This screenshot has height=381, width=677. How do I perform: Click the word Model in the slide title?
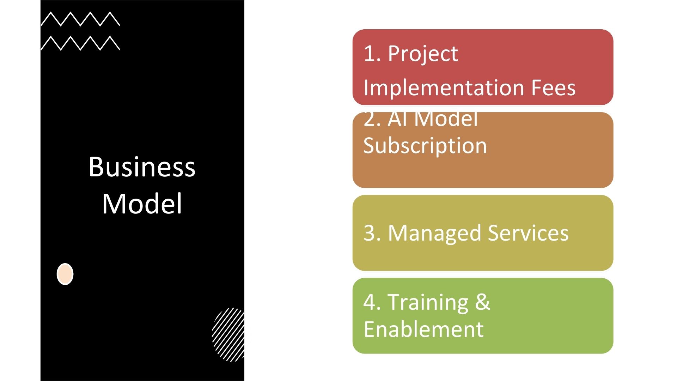[x=142, y=204]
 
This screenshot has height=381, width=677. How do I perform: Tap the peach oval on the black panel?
[x=65, y=274]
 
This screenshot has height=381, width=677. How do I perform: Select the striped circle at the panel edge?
[x=228, y=334]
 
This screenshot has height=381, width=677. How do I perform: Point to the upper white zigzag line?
[x=80, y=19]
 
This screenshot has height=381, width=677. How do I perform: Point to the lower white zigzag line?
[x=80, y=43]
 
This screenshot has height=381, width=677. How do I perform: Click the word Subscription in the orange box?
[x=425, y=146]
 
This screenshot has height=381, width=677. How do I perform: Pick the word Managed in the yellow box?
[x=435, y=234]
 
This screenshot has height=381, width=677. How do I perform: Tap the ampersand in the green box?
[x=482, y=302]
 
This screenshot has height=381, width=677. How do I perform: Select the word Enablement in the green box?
[x=423, y=329]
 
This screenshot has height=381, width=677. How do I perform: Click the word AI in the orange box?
[x=398, y=119]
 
